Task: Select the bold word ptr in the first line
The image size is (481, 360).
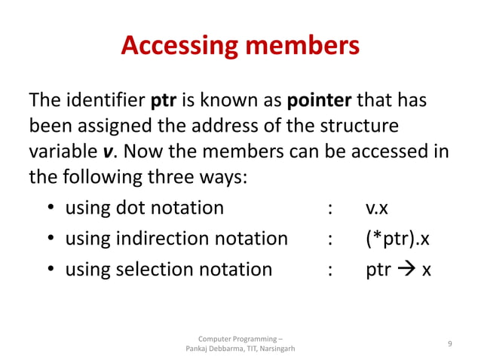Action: [x=164, y=100]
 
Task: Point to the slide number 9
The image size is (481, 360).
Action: [x=449, y=343]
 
